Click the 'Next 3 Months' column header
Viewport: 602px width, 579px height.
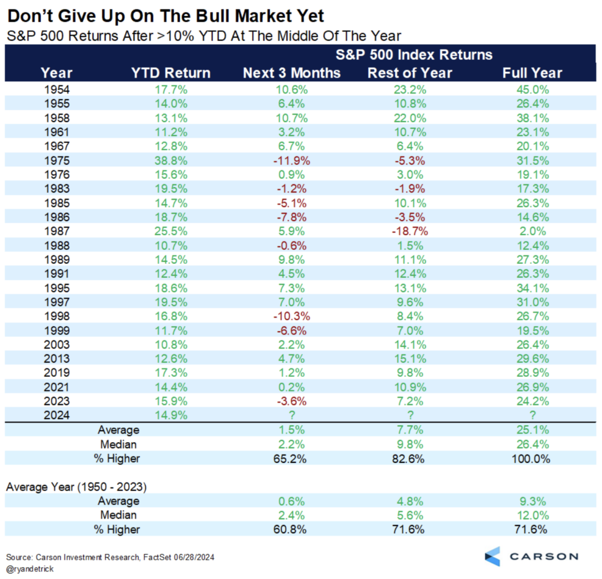[292, 73]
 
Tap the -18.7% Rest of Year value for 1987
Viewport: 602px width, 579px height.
[409, 232]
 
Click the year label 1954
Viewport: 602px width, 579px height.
[56, 89]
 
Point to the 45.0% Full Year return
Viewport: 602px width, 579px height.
[532, 89]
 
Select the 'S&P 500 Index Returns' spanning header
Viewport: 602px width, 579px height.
[414, 55]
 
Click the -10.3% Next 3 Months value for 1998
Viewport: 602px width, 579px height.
[292, 316]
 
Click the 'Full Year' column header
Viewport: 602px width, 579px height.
[532, 73]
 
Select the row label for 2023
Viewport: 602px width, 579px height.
[56, 401]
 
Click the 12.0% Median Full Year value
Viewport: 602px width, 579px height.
[532, 515]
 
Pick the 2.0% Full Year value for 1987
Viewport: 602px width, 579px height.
[532, 232]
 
